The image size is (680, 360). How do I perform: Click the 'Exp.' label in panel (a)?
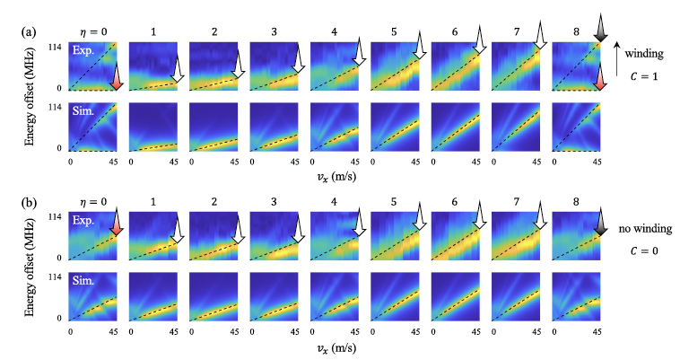coord(85,53)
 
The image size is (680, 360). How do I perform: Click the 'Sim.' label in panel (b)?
coord(85,280)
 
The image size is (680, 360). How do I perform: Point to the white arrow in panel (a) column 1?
coord(177,74)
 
